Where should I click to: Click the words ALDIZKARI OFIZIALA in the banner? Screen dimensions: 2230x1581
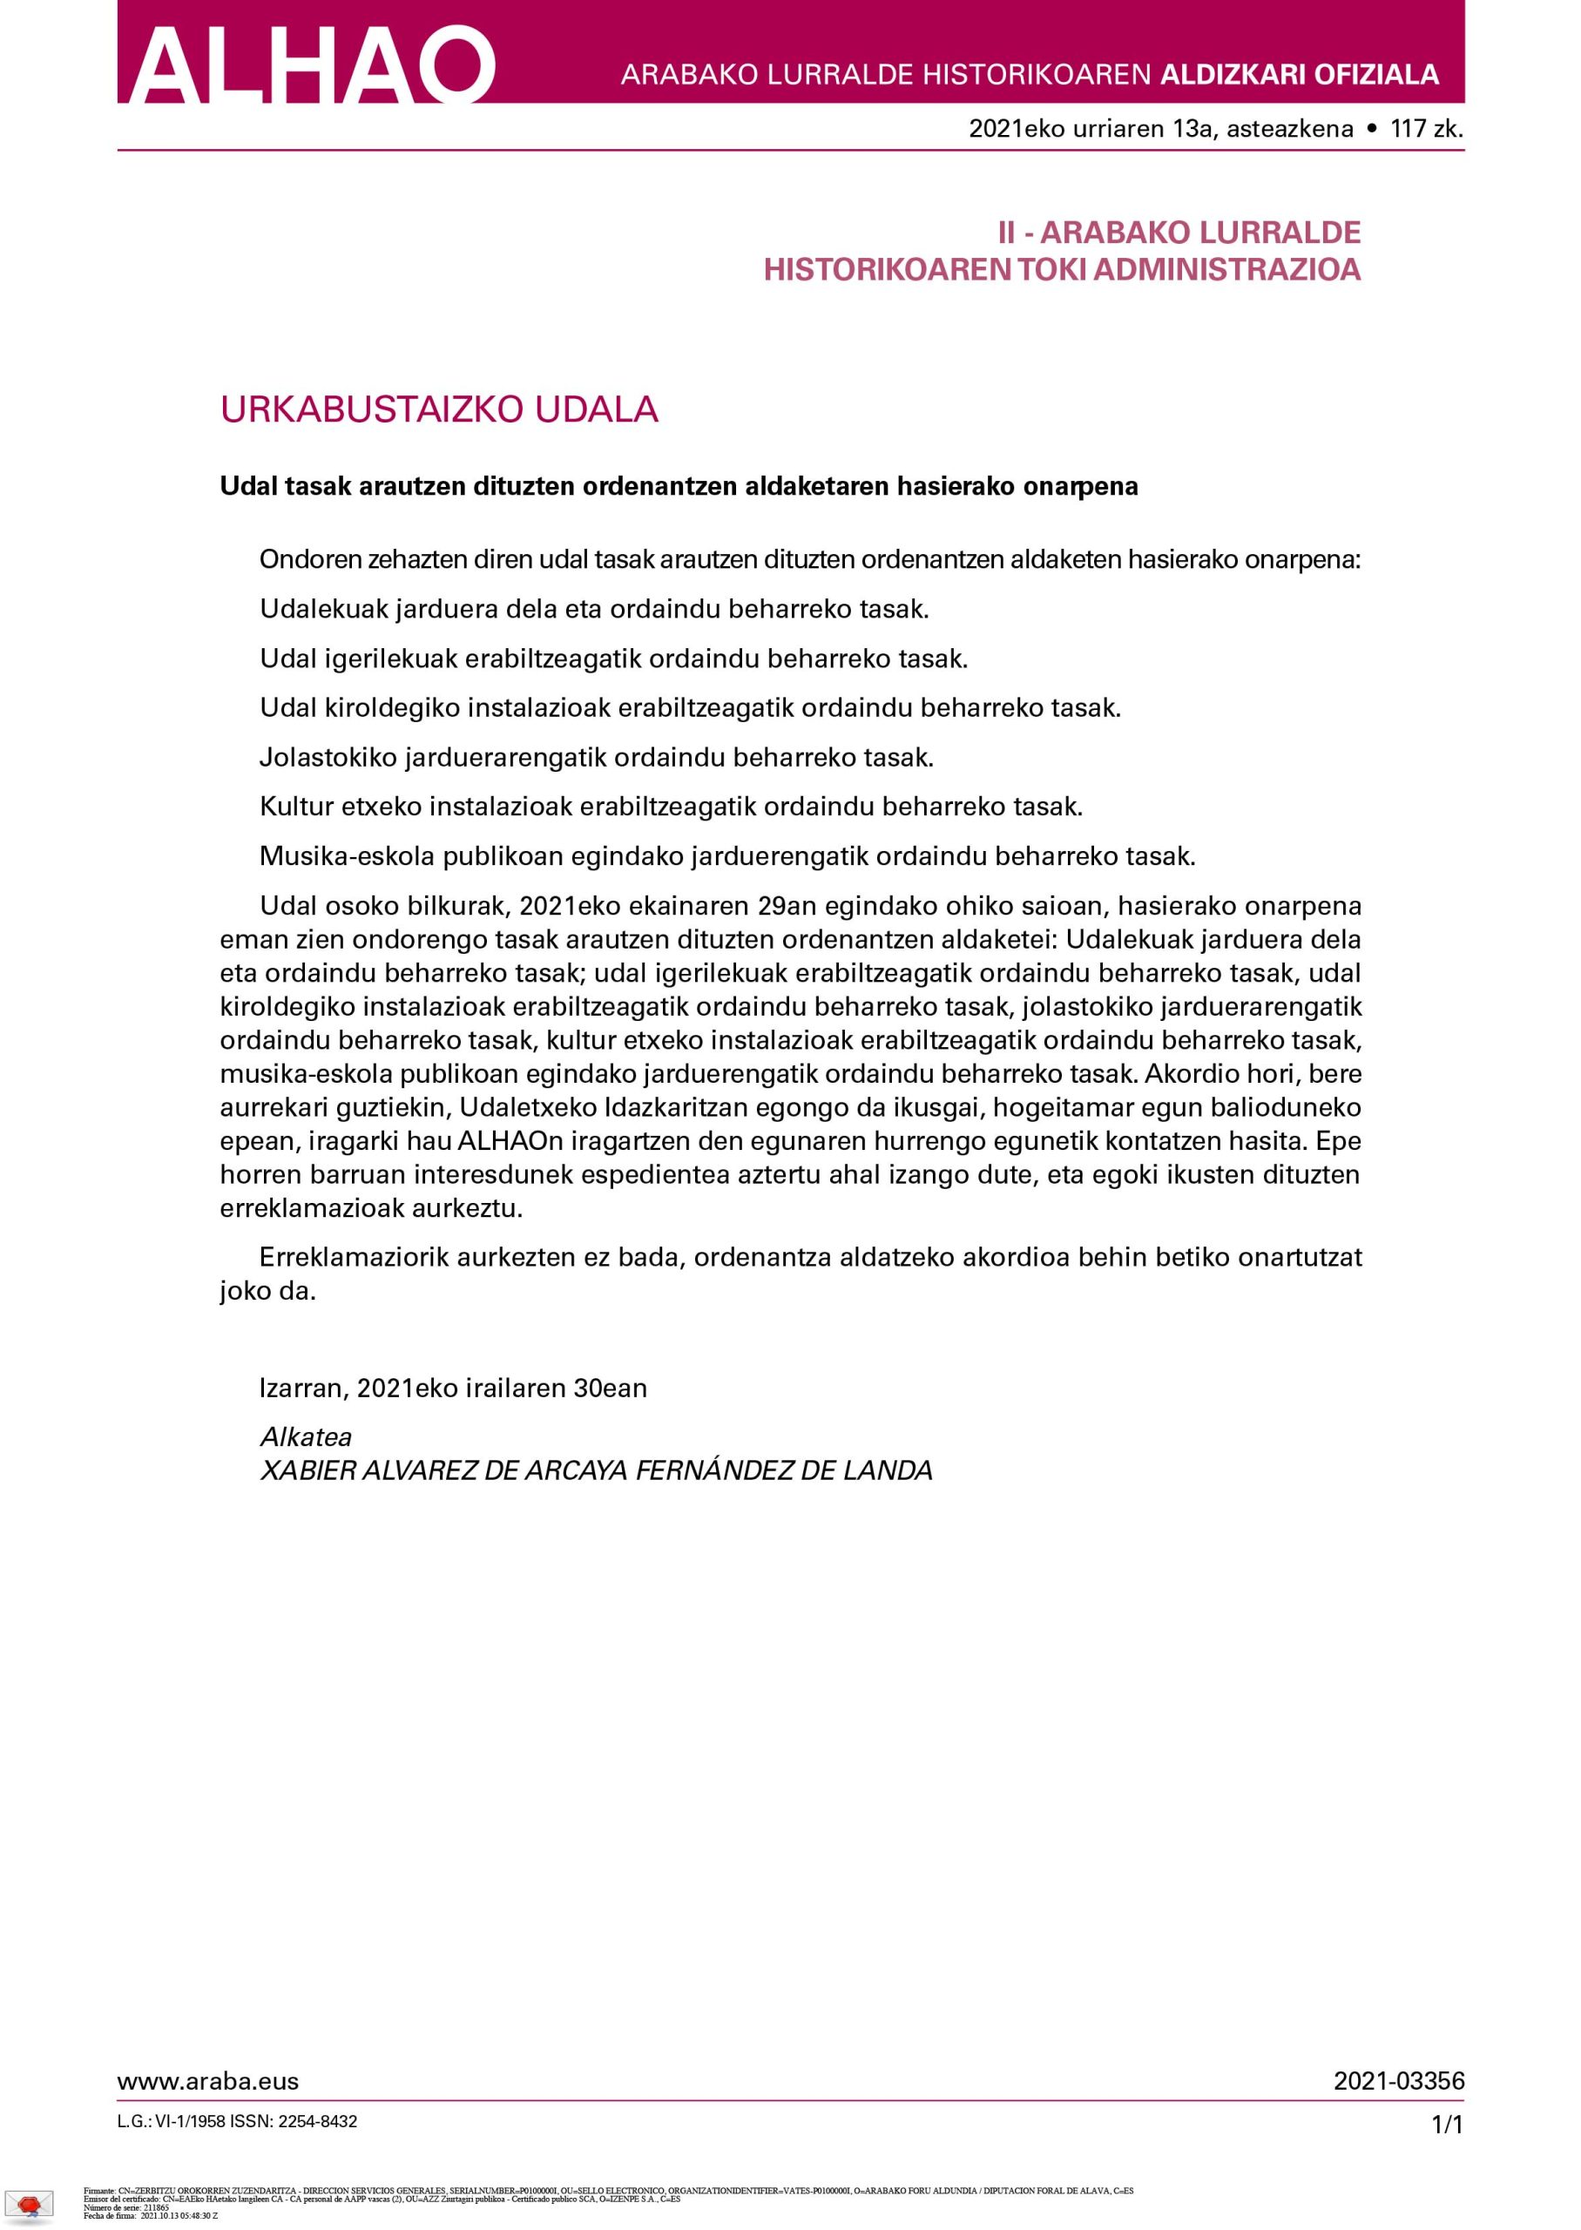pyautogui.click(x=1299, y=75)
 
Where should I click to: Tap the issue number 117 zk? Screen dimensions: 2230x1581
pyautogui.click(x=1427, y=128)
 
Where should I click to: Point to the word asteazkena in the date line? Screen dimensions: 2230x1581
pyautogui.click(x=1290, y=128)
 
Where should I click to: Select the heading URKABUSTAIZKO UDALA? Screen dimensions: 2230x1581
pyautogui.click(x=439, y=409)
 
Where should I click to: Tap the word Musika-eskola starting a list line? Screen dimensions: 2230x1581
pyautogui.click(x=347, y=856)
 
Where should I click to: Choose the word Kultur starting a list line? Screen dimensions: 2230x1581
pyautogui.click(x=296, y=807)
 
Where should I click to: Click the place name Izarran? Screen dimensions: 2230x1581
pyautogui.click(x=300, y=1387)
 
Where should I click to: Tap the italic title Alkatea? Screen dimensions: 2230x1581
pyautogui.click(x=306, y=1436)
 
